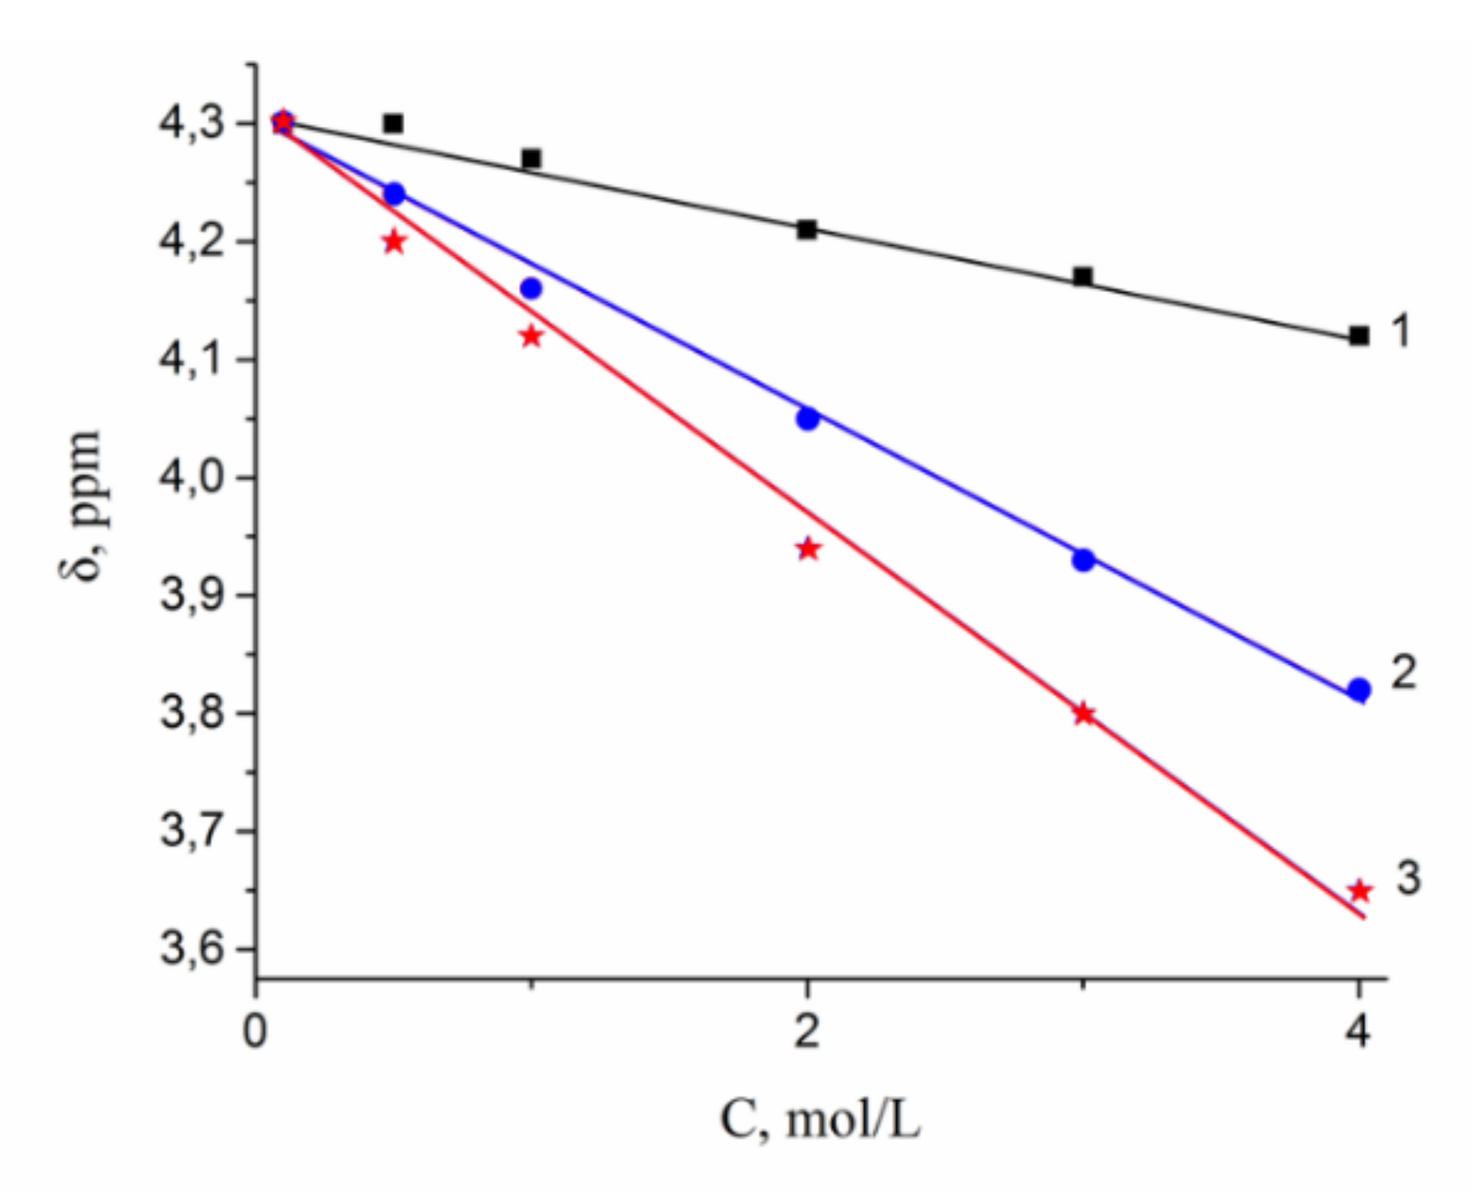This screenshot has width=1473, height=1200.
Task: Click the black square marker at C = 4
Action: [1359, 336]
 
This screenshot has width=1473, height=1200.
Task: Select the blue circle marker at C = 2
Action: [807, 418]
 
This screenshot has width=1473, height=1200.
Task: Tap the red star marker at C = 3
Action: [1083, 714]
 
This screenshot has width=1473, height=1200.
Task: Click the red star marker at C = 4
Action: [1359, 890]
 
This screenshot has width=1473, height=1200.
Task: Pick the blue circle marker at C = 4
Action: [1359, 690]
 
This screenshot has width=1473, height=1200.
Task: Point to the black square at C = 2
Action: [807, 230]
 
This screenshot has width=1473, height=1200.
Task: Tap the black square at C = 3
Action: [1083, 276]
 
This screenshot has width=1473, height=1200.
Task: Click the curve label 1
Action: [1401, 331]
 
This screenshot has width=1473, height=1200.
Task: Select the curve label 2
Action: [1403, 672]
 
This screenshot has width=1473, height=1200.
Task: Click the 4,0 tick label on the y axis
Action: [190, 478]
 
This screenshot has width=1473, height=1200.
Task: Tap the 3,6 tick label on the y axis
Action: [190, 950]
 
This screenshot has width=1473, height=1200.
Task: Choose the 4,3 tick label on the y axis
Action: [190, 123]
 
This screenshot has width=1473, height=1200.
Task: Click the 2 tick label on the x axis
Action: [807, 1031]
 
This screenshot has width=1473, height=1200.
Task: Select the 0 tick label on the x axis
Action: [256, 1031]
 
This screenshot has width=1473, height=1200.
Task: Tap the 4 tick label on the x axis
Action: [1358, 1031]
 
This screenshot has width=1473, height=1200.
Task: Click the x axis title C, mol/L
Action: [820, 1120]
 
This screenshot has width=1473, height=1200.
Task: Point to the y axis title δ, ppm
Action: [83, 506]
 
